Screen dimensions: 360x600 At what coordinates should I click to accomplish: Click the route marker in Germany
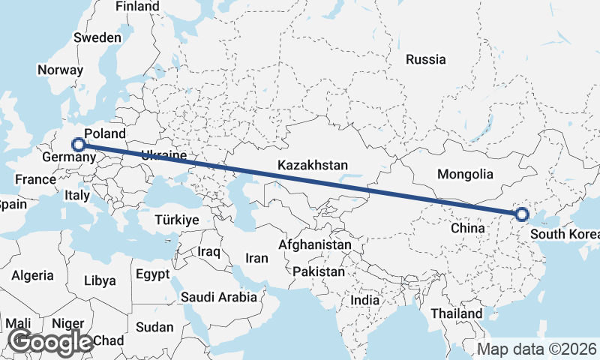point(77,143)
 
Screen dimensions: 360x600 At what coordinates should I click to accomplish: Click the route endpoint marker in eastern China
point(522,215)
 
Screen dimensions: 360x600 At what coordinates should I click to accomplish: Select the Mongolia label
point(465,174)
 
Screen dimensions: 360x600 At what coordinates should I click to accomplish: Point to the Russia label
point(425,59)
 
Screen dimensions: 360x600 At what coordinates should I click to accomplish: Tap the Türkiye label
point(176,220)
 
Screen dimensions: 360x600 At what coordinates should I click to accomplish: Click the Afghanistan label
point(314,244)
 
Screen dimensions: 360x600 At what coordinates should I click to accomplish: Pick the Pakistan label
point(318,271)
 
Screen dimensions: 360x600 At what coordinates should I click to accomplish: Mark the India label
point(365,300)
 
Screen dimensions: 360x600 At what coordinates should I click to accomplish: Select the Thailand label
point(456,313)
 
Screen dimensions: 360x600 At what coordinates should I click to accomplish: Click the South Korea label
point(564,234)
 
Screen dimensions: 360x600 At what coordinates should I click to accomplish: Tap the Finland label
point(137,6)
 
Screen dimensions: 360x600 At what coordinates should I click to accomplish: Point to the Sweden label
point(97,37)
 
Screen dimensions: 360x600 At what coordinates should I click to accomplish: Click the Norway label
point(60,70)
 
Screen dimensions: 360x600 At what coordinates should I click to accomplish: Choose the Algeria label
point(32,275)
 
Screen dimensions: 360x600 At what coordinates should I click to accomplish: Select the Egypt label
point(153,274)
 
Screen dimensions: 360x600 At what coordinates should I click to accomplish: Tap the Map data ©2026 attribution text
point(537,349)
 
